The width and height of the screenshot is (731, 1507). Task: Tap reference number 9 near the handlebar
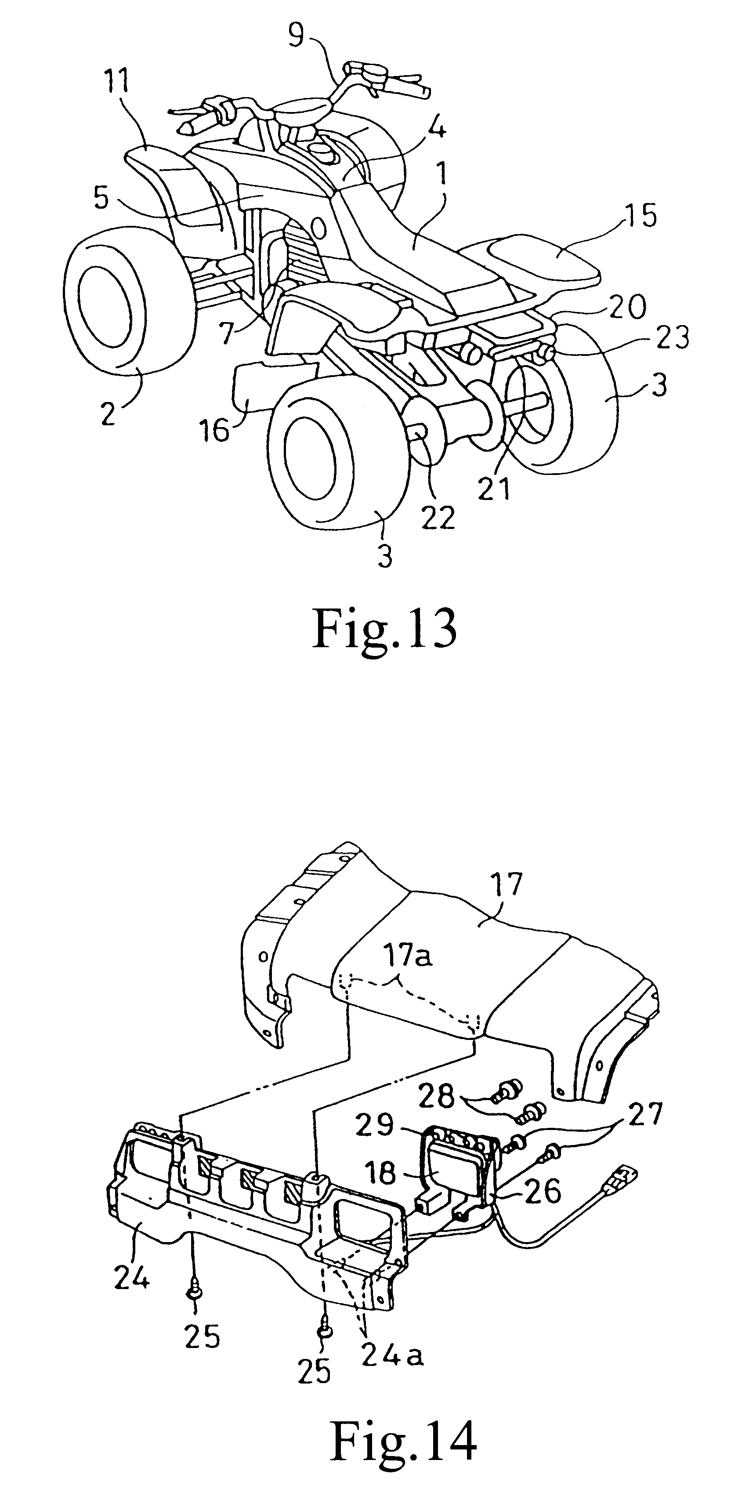(297, 37)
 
